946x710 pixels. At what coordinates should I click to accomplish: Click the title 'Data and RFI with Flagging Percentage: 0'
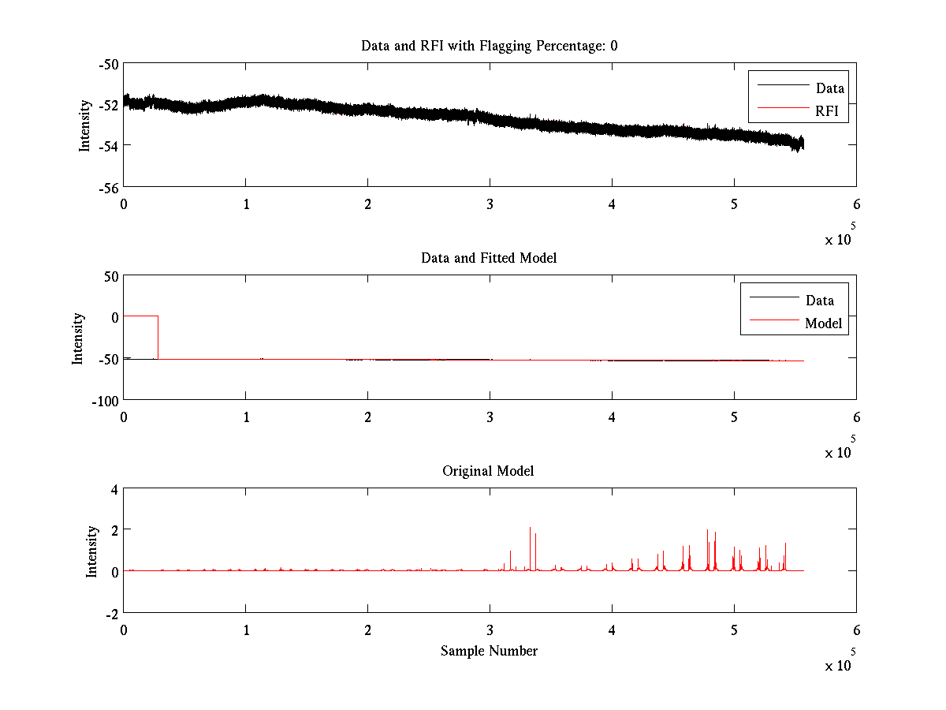[489, 46]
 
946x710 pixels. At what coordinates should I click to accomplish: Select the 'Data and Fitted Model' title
[489, 258]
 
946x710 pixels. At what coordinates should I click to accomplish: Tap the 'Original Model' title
[488, 471]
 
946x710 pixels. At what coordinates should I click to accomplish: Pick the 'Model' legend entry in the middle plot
[823, 323]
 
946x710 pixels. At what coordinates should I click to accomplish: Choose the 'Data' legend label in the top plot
[829, 88]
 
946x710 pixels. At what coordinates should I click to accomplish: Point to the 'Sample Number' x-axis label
[489, 651]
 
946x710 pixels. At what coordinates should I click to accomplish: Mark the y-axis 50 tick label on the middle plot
[110, 276]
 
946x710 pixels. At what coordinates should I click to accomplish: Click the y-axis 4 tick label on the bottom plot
[114, 489]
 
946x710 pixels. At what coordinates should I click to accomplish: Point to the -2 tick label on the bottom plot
[111, 613]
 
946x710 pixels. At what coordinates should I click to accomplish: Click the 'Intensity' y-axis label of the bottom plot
[92, 551]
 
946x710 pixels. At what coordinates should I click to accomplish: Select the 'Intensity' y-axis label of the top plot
[84, 125]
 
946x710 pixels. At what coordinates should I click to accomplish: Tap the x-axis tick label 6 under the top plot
[856, 203]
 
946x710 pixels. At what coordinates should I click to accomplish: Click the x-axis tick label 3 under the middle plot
[490, 416]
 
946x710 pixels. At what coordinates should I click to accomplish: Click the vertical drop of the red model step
[158, 338]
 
